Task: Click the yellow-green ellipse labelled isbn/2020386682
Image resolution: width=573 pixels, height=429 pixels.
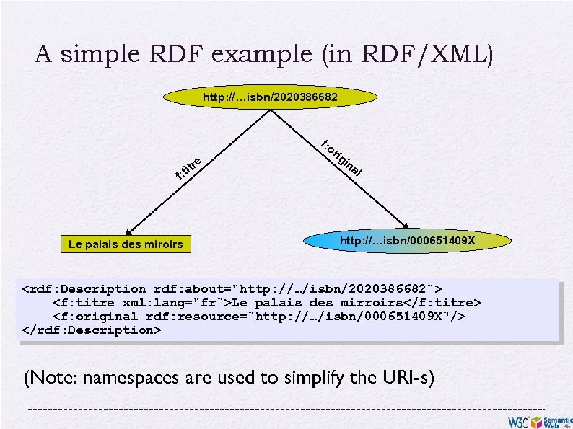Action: click(269, 96)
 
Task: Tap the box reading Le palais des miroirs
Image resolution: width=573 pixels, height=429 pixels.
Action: click(126, 245)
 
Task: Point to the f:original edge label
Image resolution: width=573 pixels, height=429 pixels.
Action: click(341, 157)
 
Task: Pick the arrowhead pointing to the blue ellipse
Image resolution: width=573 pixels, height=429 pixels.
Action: click(407, 226)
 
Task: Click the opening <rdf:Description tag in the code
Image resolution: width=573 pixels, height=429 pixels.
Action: click(79, 289)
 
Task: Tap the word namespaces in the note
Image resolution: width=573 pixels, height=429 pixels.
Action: click(136, 377)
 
